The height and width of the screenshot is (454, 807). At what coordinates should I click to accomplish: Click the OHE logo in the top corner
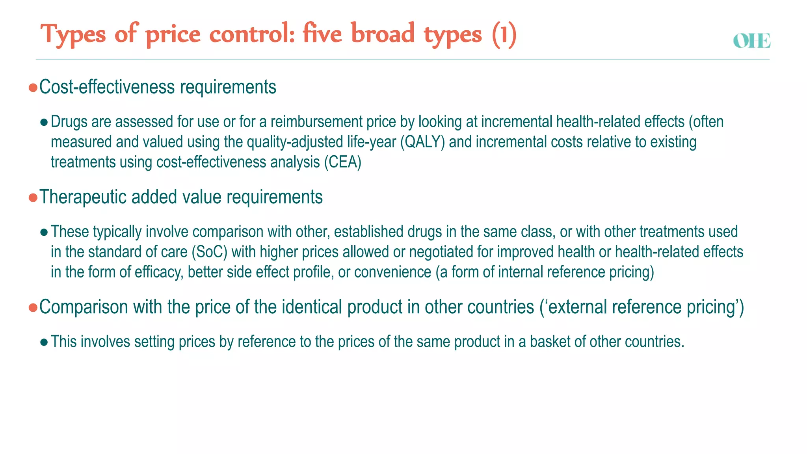click(751, 41)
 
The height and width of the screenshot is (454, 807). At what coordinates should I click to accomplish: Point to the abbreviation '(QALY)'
click(422, 142)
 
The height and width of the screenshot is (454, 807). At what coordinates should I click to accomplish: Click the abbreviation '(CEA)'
click(342, 162)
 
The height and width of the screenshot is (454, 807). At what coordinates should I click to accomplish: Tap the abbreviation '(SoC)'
click(209, 252)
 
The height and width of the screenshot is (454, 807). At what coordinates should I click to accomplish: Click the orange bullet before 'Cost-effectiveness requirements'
click(33, 87)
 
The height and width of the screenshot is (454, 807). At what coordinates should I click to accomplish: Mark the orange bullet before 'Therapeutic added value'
click(33, 197)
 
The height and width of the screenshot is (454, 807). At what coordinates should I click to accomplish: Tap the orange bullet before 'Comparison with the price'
click(33, 307)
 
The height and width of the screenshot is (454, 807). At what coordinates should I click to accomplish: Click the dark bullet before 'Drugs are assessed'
click(44, 122)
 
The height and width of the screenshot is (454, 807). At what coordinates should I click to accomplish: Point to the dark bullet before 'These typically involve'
click(44, 232)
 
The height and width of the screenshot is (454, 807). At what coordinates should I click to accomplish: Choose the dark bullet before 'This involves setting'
click(44, 342)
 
